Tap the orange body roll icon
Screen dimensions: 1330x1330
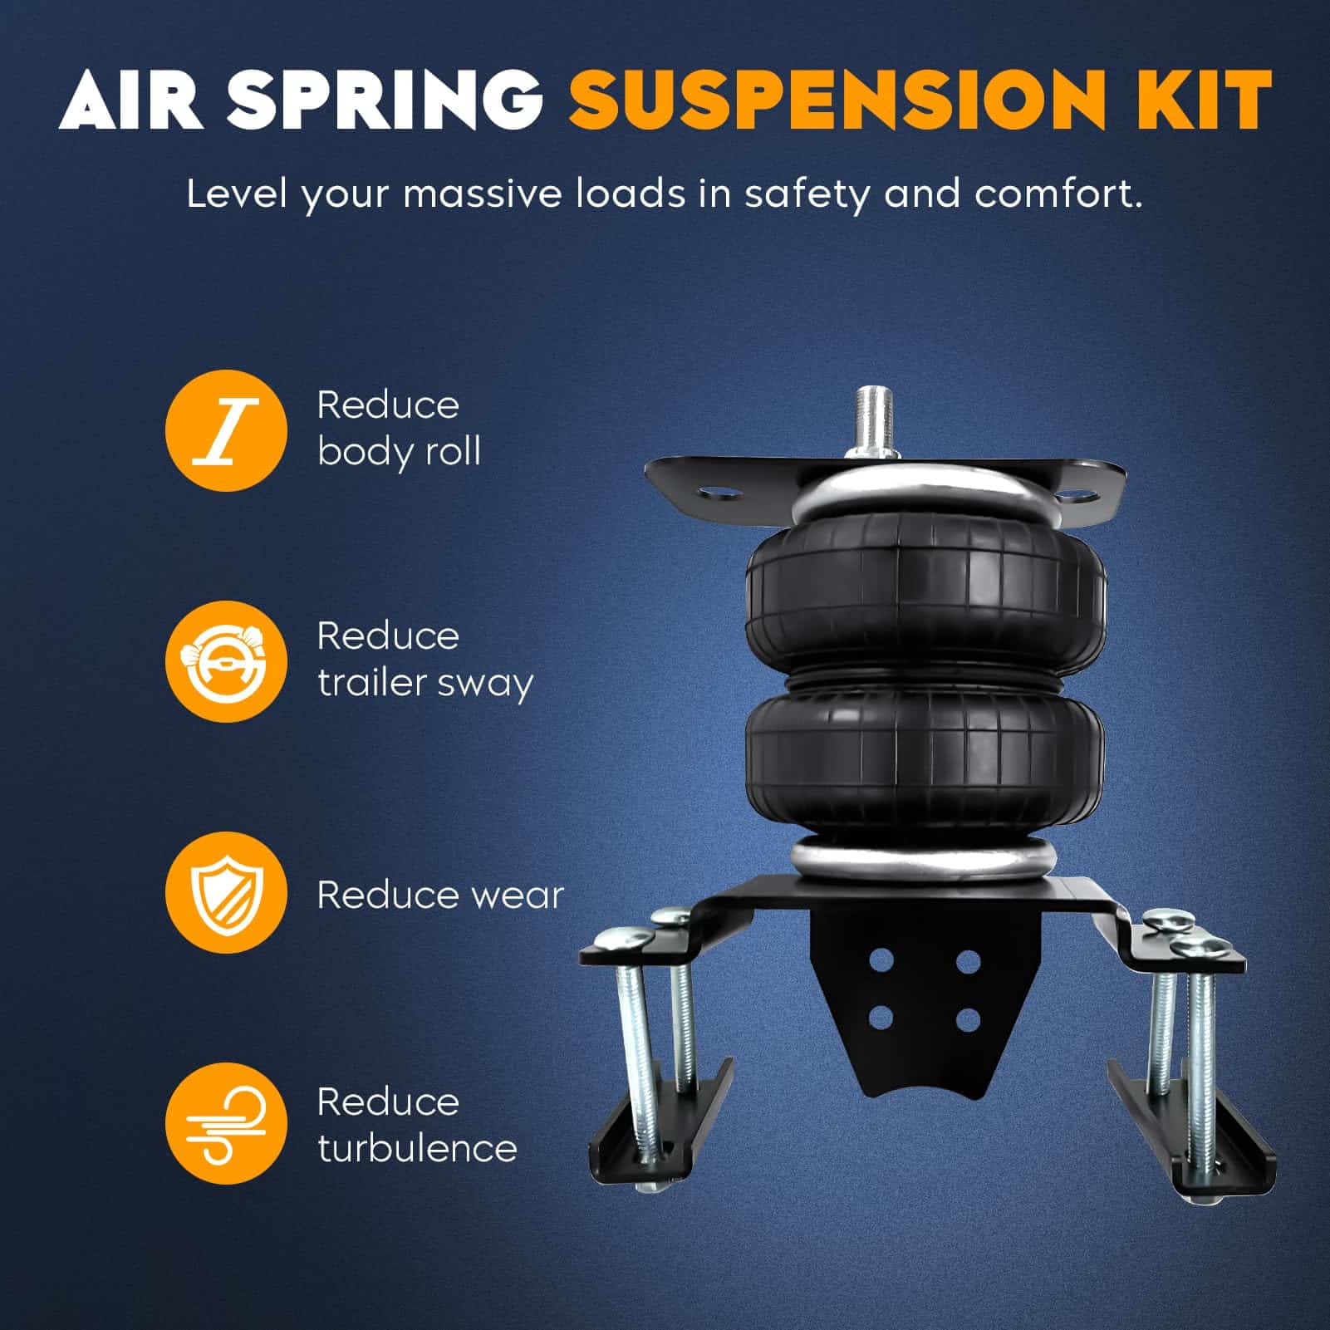coord(226,430)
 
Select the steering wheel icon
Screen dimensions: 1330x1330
coord(226,662)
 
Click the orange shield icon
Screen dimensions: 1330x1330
coord(226,893)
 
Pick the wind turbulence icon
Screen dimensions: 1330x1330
coord(226,1124)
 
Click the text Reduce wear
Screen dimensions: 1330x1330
coord(440,895)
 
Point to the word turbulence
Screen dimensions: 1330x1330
coord(417,1149)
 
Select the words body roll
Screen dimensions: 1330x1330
coord(399,453)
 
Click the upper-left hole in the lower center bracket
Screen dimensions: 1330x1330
coord(882,961)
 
